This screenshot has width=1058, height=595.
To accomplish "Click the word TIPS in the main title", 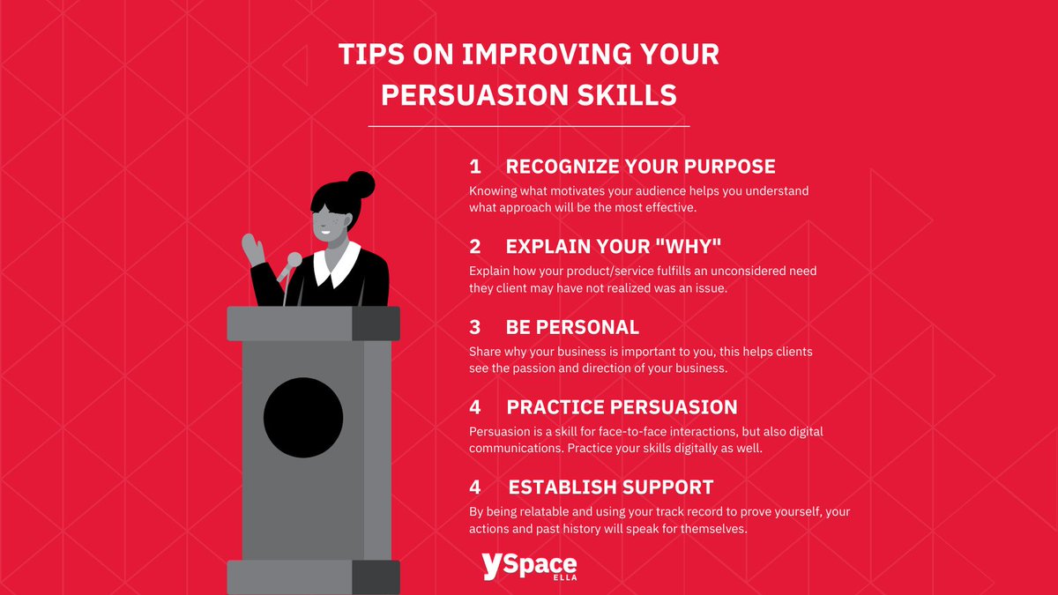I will [x=369, y=55].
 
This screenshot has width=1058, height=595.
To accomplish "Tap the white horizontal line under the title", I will [x=528, y=127].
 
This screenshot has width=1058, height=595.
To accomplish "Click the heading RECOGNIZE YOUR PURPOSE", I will [x=640, y=167].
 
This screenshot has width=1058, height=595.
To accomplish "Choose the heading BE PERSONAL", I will [x=572, y=327].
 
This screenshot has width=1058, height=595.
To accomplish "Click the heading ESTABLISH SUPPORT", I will [x=610, y=487].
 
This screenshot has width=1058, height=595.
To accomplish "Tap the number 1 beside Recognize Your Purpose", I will [x=474, y=167].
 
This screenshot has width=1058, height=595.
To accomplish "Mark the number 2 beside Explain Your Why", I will [x=474, y=247].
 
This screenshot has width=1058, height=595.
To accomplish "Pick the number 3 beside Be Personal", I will [x=474, y=327].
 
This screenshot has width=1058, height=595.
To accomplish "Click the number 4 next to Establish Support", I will [x=474, y=487].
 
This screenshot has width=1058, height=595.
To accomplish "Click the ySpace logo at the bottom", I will [x=529, y=565].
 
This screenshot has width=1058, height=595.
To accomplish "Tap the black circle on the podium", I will [x=302, y=417].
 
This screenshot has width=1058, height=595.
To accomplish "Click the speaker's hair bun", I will [x=360, y=185].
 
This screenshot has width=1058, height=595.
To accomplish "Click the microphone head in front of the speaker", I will [x=294, y=259].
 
